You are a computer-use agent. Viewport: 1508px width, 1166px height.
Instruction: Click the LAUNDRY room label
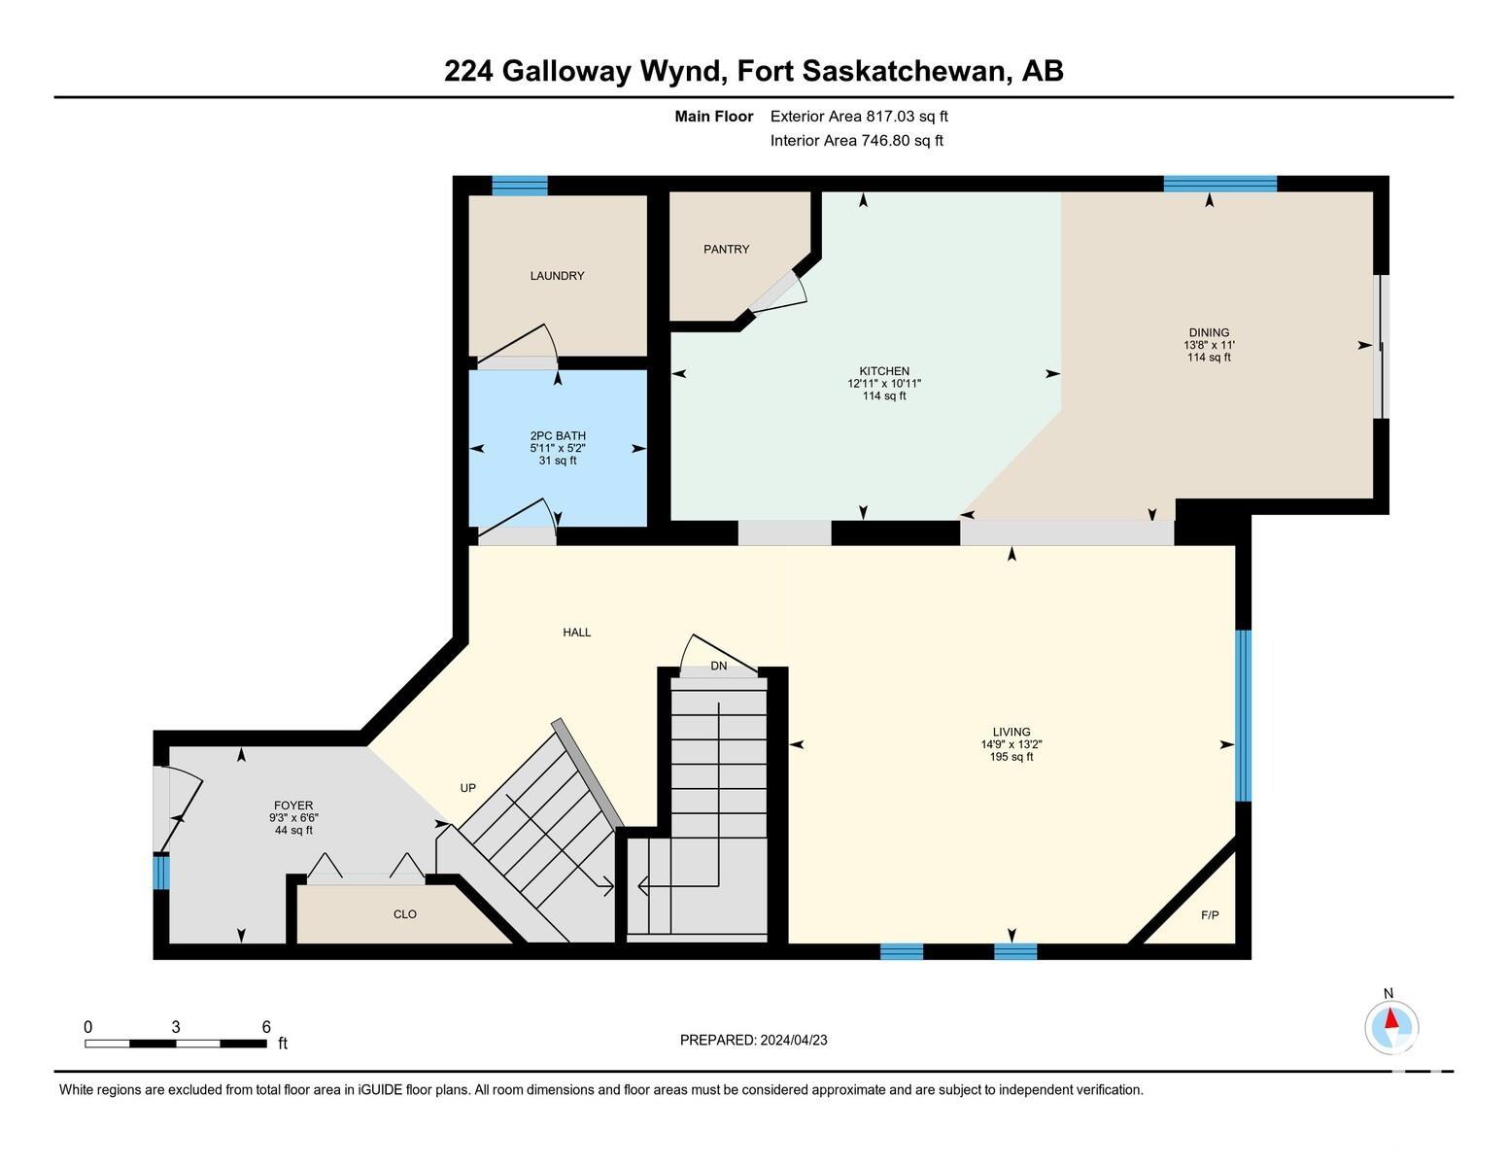[x=557, y=275]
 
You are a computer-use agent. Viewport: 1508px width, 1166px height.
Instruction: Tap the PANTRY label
[x=726, y=249]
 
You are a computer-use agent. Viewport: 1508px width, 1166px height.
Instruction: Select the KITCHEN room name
[x=883, y=371]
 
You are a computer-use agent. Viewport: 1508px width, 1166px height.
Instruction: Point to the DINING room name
[x=1208, y=332]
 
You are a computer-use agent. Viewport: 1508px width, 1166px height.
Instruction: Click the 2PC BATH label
[x=558, y=435]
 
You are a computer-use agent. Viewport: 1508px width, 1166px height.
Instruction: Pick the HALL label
[x=577, y=632]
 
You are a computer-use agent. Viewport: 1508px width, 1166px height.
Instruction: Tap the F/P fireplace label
[x=1210, y=915]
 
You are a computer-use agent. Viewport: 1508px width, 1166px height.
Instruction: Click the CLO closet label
[x=404, y=914]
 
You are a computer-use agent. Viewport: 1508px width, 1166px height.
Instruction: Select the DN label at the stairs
[x=718, y=666]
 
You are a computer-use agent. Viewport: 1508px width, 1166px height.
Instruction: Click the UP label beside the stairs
[x=467, y=787]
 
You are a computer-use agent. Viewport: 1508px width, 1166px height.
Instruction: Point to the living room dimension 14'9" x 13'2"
[x=1011, y=744]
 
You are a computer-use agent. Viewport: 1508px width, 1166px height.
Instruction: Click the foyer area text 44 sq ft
[x=293, y=830]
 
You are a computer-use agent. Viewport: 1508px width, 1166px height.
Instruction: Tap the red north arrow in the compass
[x=1390, y=1019]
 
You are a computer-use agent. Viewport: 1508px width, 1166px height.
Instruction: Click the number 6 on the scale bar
[x=266, y=1027]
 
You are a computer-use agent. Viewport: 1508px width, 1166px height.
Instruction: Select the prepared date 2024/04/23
[x=793, y=1040]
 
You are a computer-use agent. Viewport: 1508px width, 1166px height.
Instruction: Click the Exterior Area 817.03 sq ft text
[x=858, y=117]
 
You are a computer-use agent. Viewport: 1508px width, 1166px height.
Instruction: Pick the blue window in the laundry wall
[x=520, y=186]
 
